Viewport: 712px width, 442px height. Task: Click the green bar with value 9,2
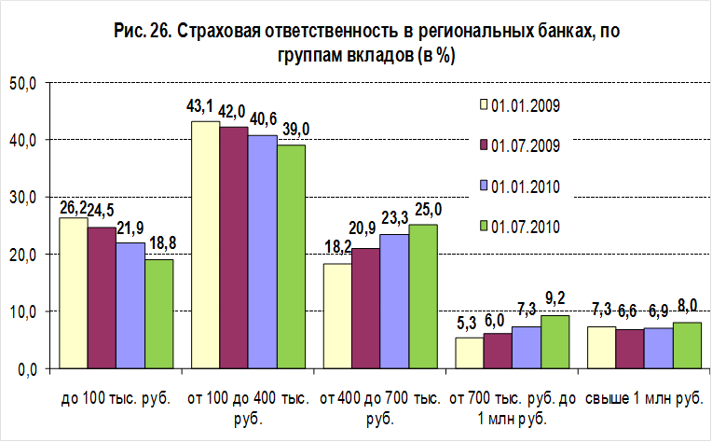point(555,341)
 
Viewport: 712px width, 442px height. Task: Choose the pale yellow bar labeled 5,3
point(469,352)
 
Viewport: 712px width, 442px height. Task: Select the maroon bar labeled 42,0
point(233,247)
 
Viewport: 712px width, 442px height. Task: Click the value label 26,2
point(73,207)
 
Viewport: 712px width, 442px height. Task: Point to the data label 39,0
point(292,131)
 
